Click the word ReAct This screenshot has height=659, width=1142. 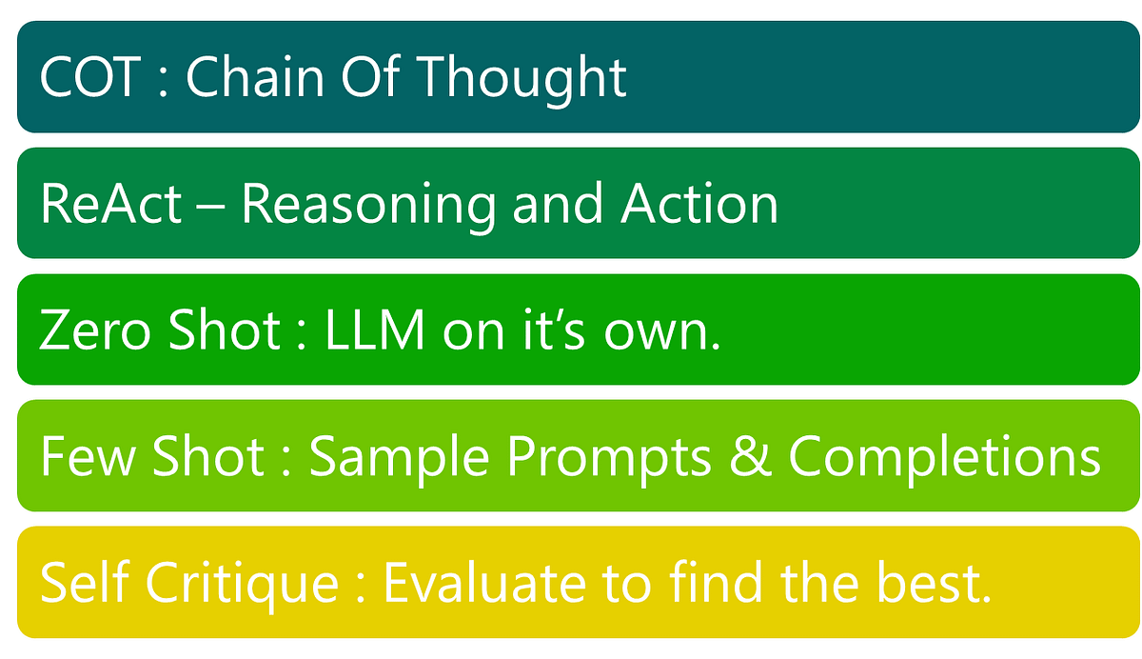[x=111, y=204]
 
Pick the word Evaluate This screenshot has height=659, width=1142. [x=491, y=584]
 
